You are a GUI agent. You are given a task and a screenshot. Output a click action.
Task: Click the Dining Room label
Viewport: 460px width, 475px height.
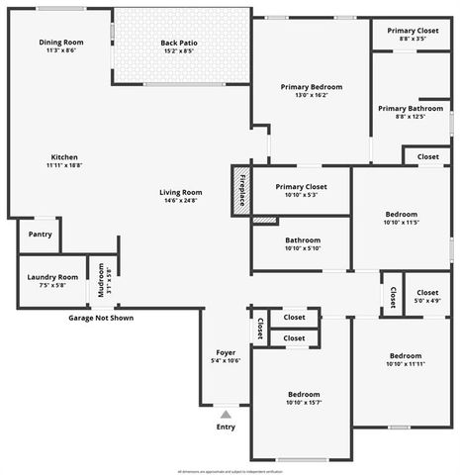pyautogui.click(x=61, y=43)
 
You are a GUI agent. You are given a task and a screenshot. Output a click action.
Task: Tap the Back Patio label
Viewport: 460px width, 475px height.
pyautogui.click(x=181, y=43)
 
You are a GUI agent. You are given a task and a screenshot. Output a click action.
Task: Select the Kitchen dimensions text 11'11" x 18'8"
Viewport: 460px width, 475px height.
pyautogui.click(x=64, y=166)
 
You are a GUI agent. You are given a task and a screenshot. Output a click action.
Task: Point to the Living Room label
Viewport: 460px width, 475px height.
pyautogui.click(x=181, y=192)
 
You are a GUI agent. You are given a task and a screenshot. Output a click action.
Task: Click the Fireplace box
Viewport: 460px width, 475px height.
pyautogui.click(x=241, y=187)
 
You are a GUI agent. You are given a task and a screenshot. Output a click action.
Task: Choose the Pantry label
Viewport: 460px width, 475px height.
pyautogui.click(x=40, y=235)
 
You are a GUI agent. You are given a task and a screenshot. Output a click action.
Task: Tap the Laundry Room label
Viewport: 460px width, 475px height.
pyautogui.click(x=53, y=277)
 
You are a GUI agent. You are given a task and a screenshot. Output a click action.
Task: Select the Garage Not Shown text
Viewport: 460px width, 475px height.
pyautogui.click(x=100, y=318)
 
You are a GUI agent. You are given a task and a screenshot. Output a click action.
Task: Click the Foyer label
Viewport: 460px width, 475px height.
pyautogui.click(x=226, y=352)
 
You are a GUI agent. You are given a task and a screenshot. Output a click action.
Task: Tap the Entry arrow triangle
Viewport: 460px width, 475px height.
pyautogui.click(x=226, y=415)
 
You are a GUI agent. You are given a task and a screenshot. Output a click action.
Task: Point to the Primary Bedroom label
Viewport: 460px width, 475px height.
pyautogui.click(x=312, y=87)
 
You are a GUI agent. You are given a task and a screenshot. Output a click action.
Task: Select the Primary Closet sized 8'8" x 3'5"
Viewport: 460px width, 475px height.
pyautogui.click(x=413, y=31)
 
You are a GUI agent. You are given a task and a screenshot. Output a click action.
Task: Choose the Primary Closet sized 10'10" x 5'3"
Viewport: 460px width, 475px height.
pyautogui.click(x=301, y=186)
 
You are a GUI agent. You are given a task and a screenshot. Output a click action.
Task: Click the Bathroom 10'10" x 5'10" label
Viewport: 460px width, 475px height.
pyautogui.click(x=302, y=239)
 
